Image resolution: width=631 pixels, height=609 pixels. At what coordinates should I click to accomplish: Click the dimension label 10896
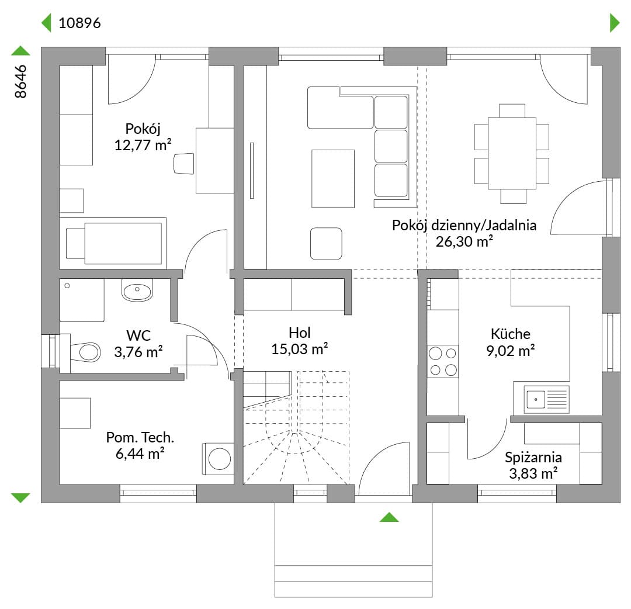[79, 23]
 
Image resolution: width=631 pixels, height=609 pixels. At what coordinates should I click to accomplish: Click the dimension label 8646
[20, 81]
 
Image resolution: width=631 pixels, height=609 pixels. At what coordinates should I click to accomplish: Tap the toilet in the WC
[85, 352]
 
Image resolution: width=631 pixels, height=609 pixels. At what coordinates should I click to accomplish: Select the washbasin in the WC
[137, 290]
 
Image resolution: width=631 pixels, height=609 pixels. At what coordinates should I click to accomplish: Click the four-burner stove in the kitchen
[443, 361]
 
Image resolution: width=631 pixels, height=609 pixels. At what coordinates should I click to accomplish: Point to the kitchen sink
[546, 399]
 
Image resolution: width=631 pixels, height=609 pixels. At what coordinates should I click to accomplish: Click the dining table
[512, 153]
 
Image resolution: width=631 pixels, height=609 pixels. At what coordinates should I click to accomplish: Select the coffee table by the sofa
[333, 179]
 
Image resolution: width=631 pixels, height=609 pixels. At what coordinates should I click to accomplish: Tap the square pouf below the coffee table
[326, 243]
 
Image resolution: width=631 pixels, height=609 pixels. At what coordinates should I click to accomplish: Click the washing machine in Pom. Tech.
[218, 459]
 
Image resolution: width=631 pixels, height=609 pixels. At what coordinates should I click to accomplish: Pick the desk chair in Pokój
[184, 164]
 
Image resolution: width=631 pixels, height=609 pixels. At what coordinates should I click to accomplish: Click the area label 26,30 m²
[464, 241]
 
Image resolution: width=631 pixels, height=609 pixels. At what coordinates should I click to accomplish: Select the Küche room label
[510, 334]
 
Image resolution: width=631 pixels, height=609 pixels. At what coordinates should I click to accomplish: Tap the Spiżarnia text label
[533, 457]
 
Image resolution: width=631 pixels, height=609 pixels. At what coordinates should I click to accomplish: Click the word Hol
[299, 333]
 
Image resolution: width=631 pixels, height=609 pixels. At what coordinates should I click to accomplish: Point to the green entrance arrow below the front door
[389, 517]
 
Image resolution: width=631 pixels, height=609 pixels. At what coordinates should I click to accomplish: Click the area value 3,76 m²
[138, 352]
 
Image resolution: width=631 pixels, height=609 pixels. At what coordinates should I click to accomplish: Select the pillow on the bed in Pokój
[75, 244]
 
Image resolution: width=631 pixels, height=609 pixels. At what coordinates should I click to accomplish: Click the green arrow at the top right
[615, 23]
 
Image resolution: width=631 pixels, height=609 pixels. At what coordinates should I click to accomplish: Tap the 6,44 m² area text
[140, 454]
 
